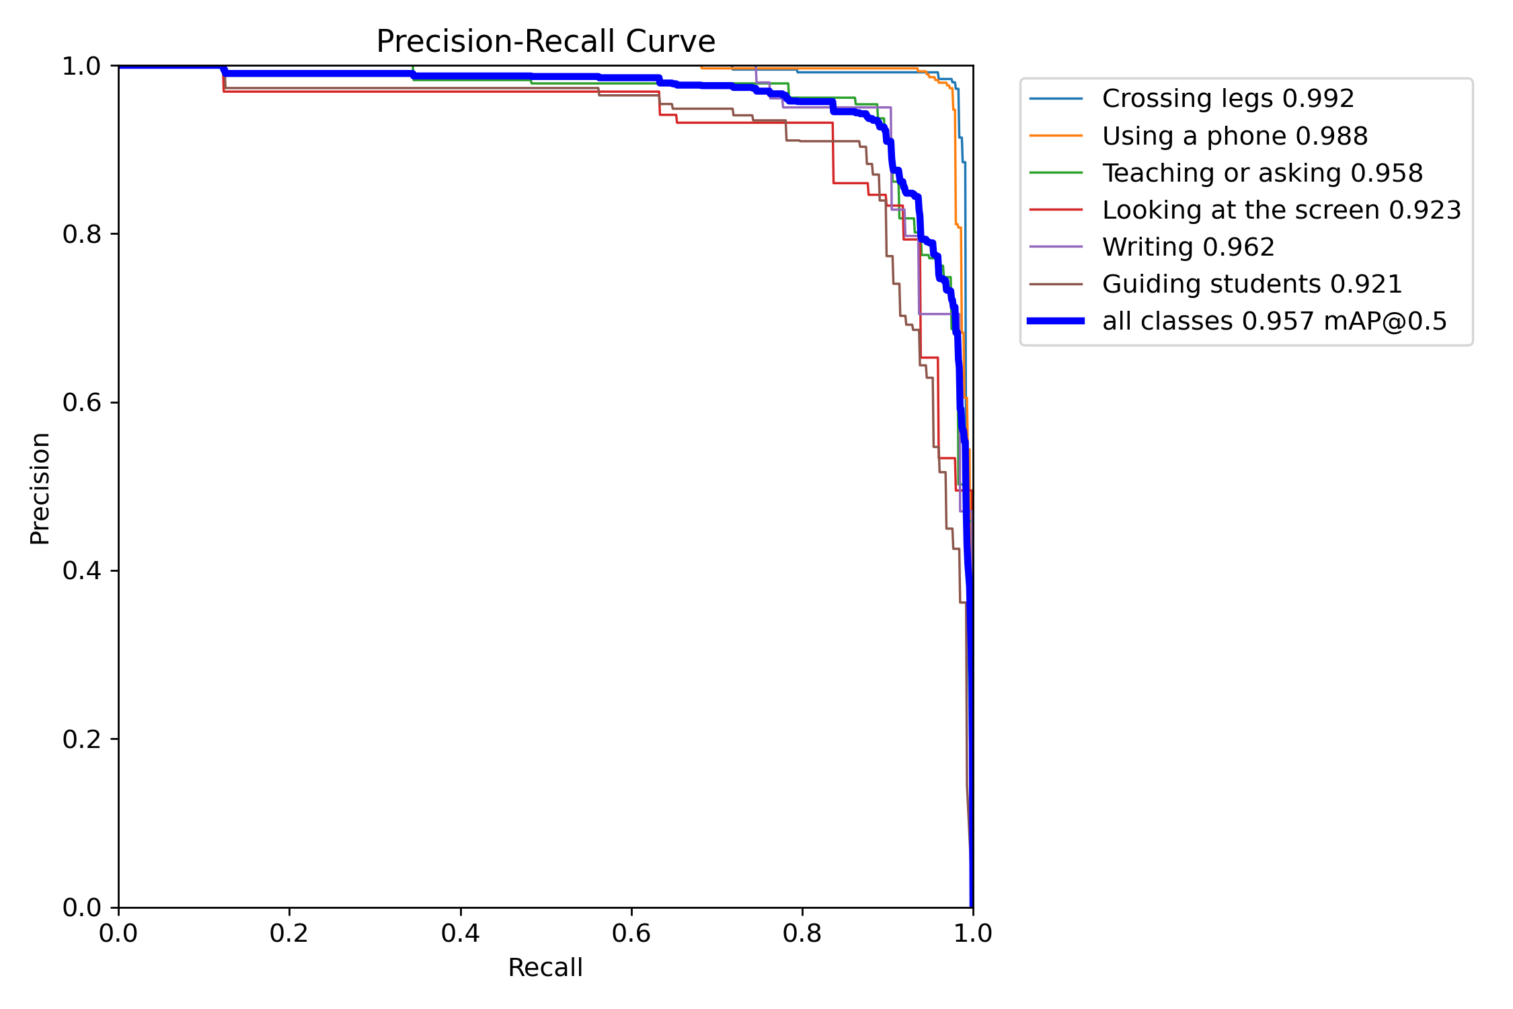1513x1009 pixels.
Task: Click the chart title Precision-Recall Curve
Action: click(x=545, y=42)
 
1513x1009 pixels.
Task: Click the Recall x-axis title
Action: click(x=545, y=968)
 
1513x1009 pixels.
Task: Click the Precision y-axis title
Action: click(x=40, y=488)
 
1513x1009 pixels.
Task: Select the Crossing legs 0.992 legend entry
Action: click(x=1227, y=99)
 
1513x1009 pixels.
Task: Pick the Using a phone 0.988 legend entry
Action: click(x=1234, y=136)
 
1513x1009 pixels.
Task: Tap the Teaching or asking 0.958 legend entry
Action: click(x=1262, y=173)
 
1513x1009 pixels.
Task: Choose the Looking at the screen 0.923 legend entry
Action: click(x=1281, y=210)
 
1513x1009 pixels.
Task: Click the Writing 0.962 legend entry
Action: click(x=1188, y=247)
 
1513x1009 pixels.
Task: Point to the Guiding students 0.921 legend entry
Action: click(x=1251, y=284)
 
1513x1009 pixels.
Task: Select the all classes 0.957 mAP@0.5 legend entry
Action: click(x=1274, y=322)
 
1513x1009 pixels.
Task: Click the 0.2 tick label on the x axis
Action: click(x=289, y=934)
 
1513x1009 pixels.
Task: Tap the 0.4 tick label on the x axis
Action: click(x=461, y=934)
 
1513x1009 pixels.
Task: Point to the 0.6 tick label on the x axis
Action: click(x=631, y=934)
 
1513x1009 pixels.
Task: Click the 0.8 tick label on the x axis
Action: click(x=802, y=934)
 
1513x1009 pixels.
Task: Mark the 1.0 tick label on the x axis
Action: click(x=973, y=934)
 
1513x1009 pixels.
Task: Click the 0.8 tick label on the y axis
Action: click(x=81, y=234)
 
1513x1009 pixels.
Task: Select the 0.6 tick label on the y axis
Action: click(x=81, y=402)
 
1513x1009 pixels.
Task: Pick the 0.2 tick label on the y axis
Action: click(x=81, y=739)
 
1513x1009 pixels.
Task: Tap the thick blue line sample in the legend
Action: click(x=1056, y=322)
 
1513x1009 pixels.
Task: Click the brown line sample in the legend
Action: click(x=1056, y=285)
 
